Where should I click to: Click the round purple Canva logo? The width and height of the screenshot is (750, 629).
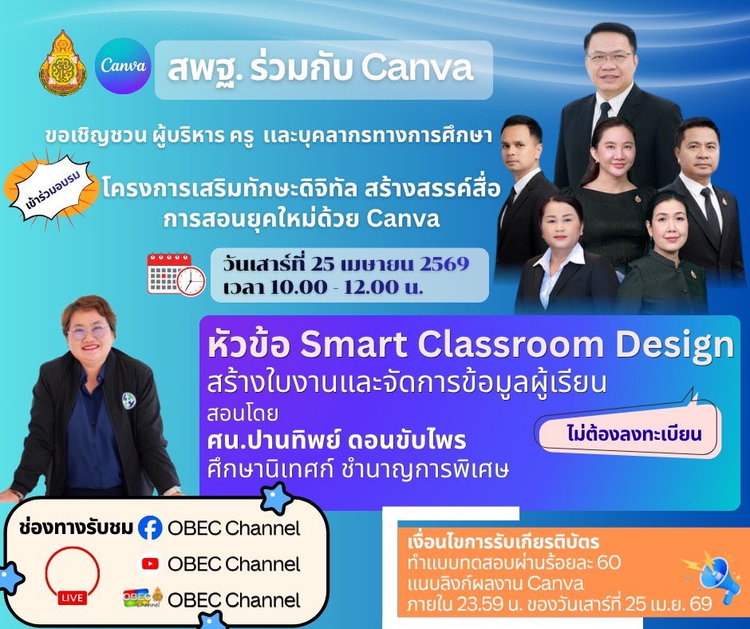point(123,65)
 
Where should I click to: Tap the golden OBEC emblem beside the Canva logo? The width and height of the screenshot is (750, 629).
point(63,63)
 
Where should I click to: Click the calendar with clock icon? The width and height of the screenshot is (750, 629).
point(176,275)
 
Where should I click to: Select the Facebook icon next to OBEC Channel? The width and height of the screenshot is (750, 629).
point(150,528)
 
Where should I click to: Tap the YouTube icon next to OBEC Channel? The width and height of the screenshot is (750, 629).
point(151,564)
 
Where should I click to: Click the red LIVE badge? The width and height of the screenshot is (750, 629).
point(73,598)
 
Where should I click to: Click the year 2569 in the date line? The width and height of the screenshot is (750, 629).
point(444,263)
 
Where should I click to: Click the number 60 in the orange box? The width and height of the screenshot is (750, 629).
point(608,562)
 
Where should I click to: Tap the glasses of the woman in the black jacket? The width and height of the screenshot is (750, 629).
point(89,331)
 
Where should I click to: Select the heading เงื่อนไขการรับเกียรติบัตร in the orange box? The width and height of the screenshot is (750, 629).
point(503,542)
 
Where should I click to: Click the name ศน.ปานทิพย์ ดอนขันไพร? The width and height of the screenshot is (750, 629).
point(336,441)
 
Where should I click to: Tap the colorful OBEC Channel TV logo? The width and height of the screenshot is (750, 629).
point(143,599)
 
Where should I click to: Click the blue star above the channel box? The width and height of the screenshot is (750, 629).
point(276,498)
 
